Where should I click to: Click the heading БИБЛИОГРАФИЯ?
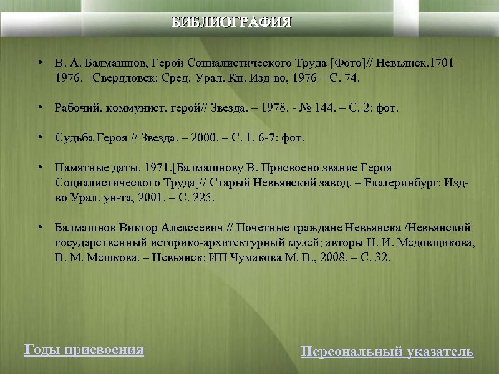(232, 23)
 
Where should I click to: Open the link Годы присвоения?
(84, 350)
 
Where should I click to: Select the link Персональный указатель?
(387, 352)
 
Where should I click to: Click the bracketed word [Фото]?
(351, 64)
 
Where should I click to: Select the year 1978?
(273, 108)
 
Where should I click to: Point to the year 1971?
(157, 168)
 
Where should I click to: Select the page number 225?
(202, 198)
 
